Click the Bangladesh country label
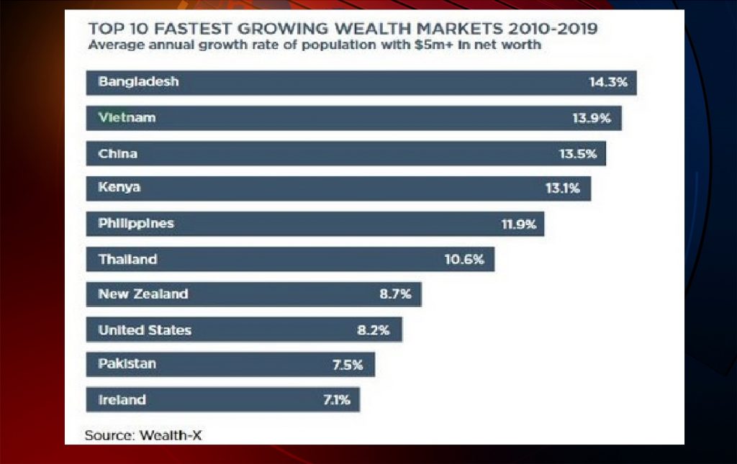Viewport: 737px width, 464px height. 138,82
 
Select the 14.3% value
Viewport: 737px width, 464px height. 608,83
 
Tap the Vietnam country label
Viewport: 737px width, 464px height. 127,117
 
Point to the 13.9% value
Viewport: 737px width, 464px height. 592,118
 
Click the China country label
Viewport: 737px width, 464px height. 117,153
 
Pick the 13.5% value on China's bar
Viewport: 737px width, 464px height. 578,153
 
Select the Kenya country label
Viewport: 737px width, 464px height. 119,188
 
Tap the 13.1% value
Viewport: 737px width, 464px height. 562,188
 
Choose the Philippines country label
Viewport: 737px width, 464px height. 136,224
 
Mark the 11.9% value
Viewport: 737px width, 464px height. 518,224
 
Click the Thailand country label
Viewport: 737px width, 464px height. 127,259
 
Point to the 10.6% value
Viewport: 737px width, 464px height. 464,259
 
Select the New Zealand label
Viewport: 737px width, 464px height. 143,294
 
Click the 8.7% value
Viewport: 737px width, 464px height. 396,294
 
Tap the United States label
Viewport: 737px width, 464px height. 145,330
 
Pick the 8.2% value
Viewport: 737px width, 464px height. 374,330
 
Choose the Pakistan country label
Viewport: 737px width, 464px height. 127,365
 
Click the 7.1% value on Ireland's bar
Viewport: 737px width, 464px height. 336,400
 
